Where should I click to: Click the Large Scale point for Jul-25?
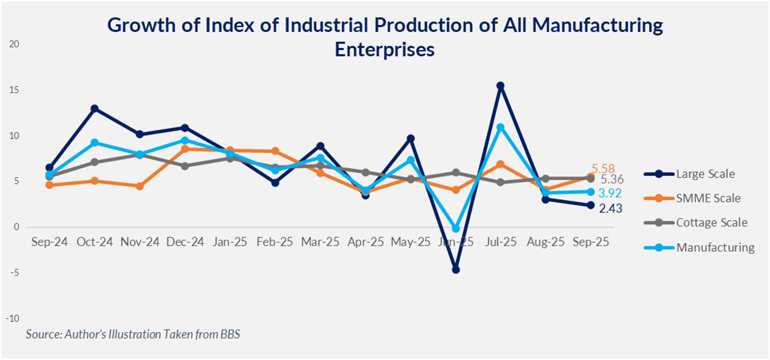pos(501,86)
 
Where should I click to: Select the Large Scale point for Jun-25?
pos(456,269)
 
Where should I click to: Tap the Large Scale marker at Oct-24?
pos(94,109)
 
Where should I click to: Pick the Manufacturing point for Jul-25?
pos(501,128)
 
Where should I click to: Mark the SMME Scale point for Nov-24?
pos(140,186)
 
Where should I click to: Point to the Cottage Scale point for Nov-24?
pos(140,155)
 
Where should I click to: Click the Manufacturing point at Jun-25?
pos(456,229)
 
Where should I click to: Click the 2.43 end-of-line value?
pos(611,208)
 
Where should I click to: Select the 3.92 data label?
pos(611,193)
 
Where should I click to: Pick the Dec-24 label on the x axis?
pos(185,242)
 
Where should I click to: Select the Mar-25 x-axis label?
pos(320,242)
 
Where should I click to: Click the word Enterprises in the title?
pos(384,49)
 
